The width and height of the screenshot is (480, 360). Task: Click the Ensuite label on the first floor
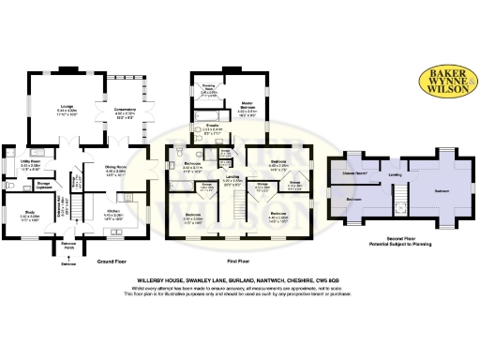213,127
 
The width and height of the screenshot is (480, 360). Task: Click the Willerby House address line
239,278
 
